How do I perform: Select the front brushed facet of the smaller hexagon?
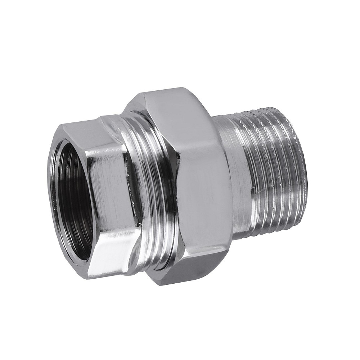(108, 184)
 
